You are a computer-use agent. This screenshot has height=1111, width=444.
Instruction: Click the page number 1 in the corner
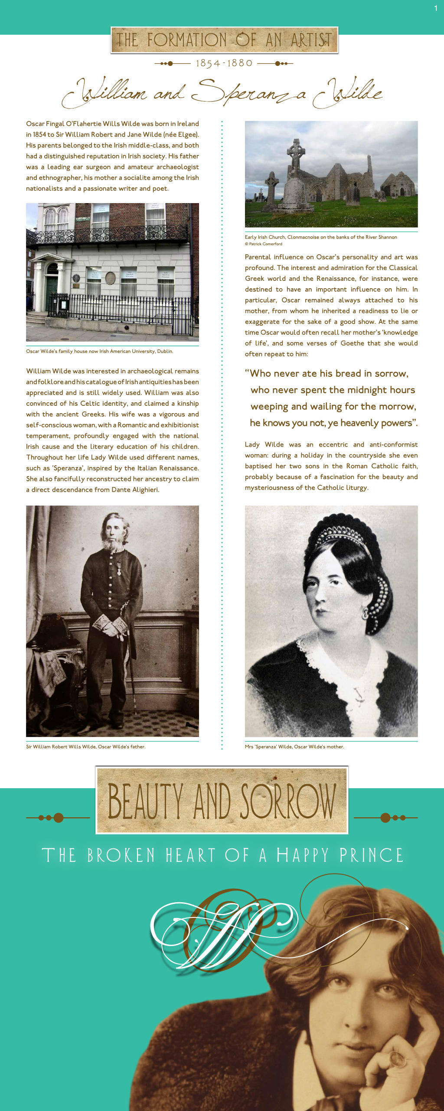[436, 8]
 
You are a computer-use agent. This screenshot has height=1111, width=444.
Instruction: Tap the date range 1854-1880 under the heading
[224, 63]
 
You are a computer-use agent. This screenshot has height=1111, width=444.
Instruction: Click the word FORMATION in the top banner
[186, 40]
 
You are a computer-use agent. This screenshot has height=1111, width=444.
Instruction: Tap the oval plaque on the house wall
[111, 277]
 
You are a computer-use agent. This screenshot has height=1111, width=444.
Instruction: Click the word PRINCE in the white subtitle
[371, 855]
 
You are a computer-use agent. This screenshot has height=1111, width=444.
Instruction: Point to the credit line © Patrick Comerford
[264, 244]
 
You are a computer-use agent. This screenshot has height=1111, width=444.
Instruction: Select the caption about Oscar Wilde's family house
[99, 352]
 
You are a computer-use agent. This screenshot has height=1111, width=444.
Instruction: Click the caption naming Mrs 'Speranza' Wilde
[294, 747]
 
